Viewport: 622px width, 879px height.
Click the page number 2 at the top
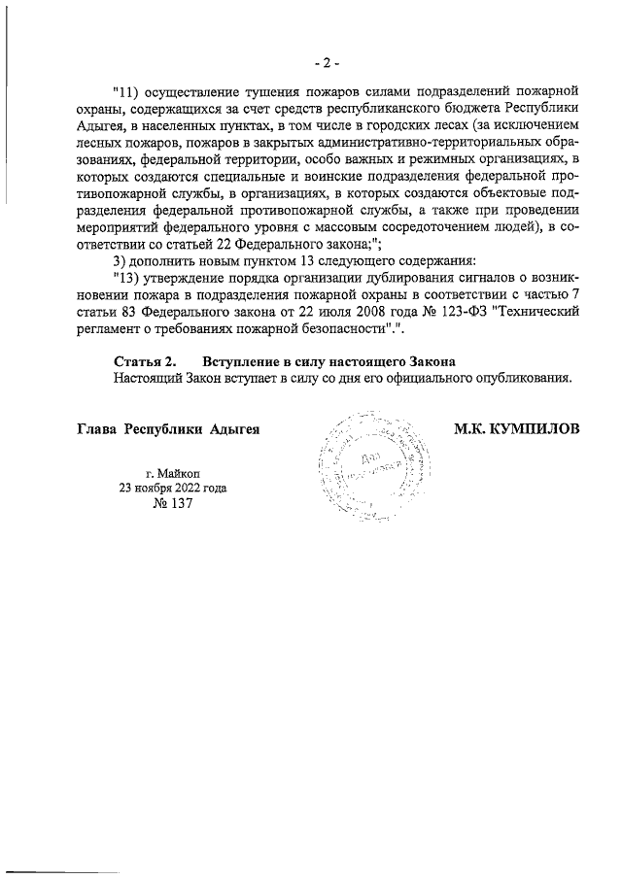(x=326, y=63)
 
